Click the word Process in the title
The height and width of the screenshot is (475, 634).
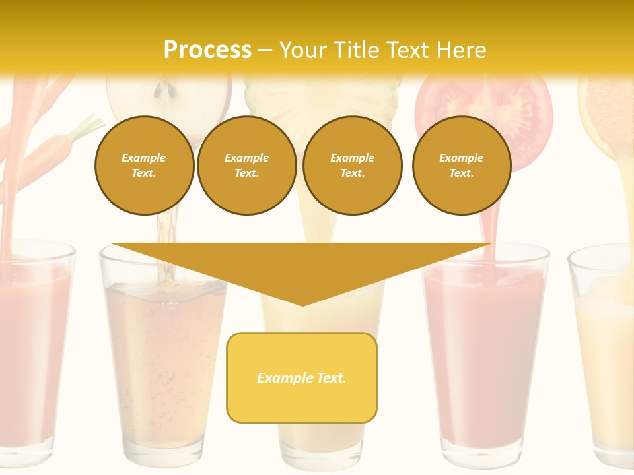click(x=207, y=50)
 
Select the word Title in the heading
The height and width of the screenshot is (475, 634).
click(x=357, y=50)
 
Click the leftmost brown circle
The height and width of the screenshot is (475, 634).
click(x=144, y=165)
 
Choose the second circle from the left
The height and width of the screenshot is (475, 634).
click(x=246, y=165)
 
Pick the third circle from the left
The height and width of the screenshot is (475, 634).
click(x=352, y=165)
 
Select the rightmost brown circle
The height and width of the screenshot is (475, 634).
click(x=461, y=165)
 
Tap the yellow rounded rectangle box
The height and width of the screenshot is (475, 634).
click(x=302, y=402)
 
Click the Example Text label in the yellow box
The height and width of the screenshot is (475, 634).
click(x=302, y=378)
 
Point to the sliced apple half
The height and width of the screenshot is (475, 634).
click(x=169, y=98)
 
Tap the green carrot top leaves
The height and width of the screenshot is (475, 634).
click(x=86, y=125)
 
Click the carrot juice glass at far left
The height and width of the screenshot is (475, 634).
click(x=33, y=356)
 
